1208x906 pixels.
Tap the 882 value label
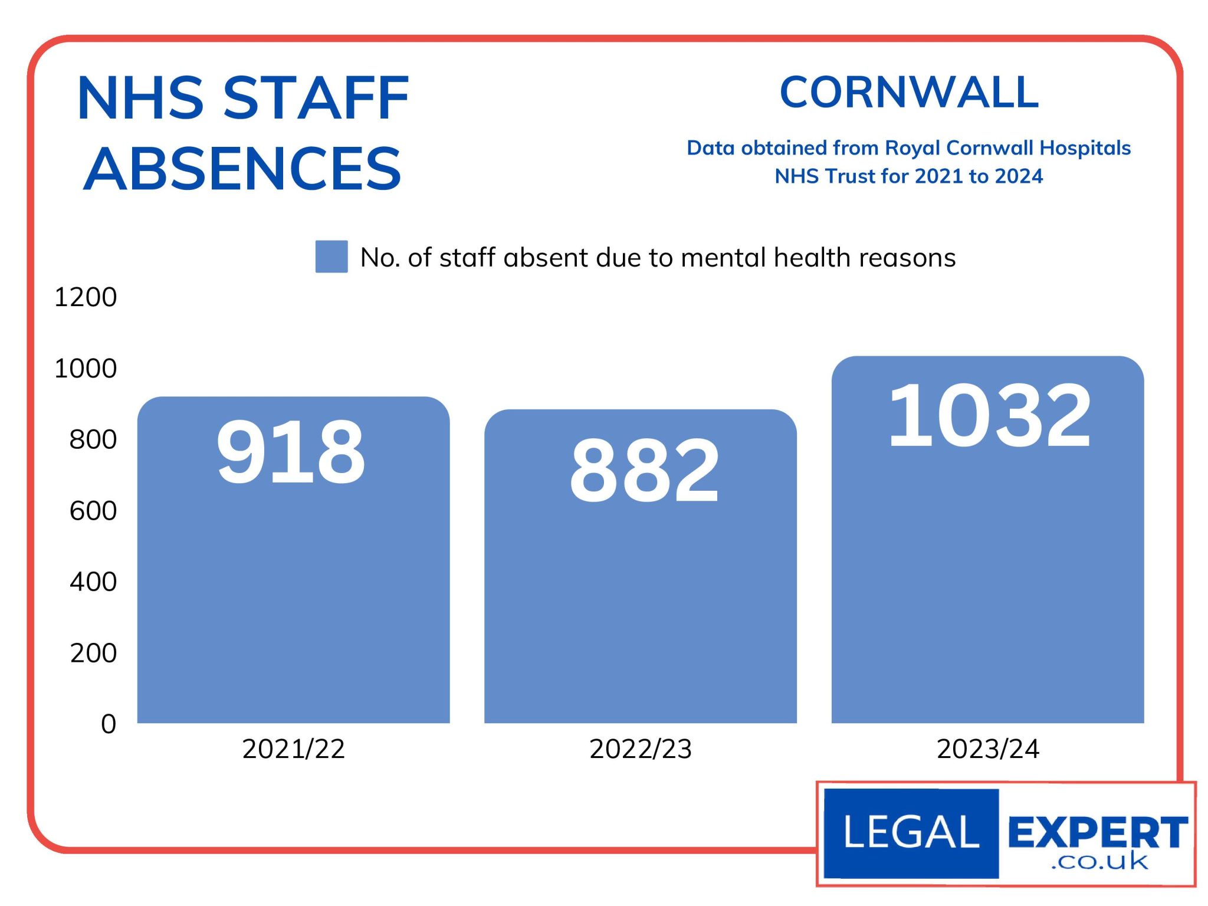click(644, 471)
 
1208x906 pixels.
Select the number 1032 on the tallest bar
click(989, 415)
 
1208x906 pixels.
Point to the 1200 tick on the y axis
click(86, 297)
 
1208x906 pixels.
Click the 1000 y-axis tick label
click(86, 369)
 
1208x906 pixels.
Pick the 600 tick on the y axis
click(93, 511)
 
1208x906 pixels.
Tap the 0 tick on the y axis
click(109, 724)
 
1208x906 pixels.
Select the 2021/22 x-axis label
click(293, 749)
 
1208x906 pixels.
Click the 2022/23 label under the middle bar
click(641, 749)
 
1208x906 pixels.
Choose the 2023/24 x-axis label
click(988, 749)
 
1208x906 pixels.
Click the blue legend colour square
click(331, 257)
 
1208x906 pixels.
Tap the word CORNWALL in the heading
click(909, 93)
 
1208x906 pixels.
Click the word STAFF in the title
click(316, 99)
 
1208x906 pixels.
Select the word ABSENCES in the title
click(242, 169)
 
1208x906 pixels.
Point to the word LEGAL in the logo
click(911, 832)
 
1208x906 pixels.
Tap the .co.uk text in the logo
click(1099, 862)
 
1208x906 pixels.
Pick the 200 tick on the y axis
click(93, 653)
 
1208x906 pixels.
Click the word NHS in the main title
click(141, 99)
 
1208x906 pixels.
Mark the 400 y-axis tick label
click(93, 582)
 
